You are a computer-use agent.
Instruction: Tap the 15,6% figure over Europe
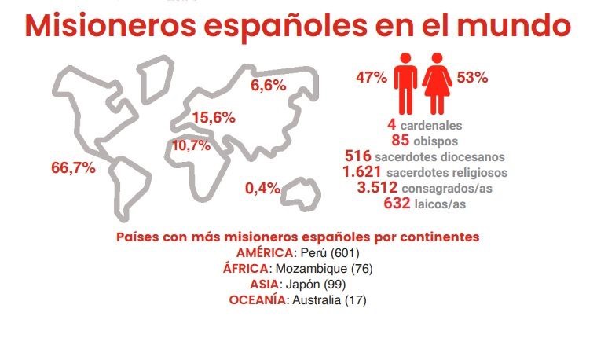(214, 118)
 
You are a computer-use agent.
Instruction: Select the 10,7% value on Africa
(191, 145)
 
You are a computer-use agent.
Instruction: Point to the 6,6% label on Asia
(268, 85)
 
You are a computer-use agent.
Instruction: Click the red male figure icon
(405, 82)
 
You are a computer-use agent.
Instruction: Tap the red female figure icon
(438, 82)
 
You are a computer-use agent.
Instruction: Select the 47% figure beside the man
(371, 78)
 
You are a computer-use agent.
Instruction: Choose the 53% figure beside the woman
(473, 78)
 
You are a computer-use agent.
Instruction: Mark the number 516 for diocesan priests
(358, 156)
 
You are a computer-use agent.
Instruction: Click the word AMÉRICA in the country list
(264, 252)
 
